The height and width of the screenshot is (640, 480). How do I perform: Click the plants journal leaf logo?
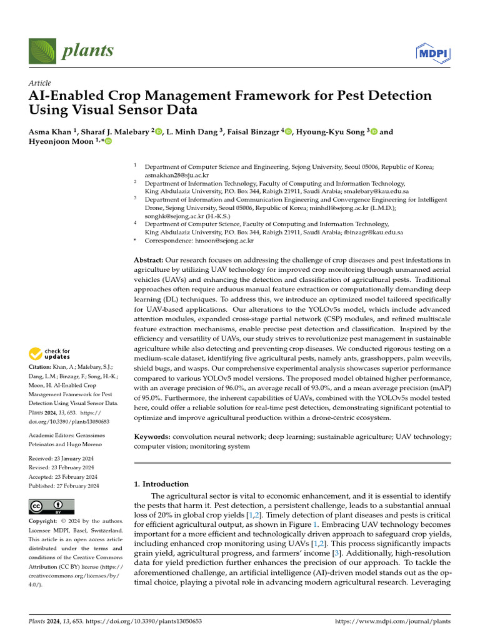41,50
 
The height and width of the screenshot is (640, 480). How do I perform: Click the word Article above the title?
40,83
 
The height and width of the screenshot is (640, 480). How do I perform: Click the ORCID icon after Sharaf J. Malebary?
159,132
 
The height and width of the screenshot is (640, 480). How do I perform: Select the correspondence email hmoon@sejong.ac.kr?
217,240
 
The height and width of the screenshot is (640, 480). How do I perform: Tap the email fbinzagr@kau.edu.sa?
375,232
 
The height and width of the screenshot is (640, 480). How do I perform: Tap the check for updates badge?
50,354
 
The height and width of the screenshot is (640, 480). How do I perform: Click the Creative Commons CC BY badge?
51,506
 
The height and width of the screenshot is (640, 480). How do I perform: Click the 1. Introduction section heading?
161,484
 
